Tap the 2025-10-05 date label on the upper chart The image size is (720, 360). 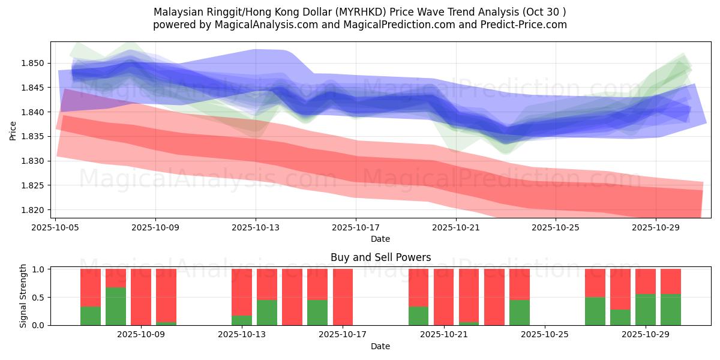pos(55,227)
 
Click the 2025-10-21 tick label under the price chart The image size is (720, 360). pos(456,227)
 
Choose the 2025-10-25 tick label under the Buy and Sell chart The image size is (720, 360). pos(544,335)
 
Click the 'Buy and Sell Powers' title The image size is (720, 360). pos(380,258)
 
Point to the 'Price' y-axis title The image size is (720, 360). pos(13,130)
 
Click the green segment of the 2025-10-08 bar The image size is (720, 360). pos(116,306)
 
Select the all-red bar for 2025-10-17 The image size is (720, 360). pos(343,297)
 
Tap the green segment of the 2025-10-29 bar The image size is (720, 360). pos(646,310)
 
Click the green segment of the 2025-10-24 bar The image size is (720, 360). pos(520,313)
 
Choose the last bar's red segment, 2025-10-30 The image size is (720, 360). pos(671,281)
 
